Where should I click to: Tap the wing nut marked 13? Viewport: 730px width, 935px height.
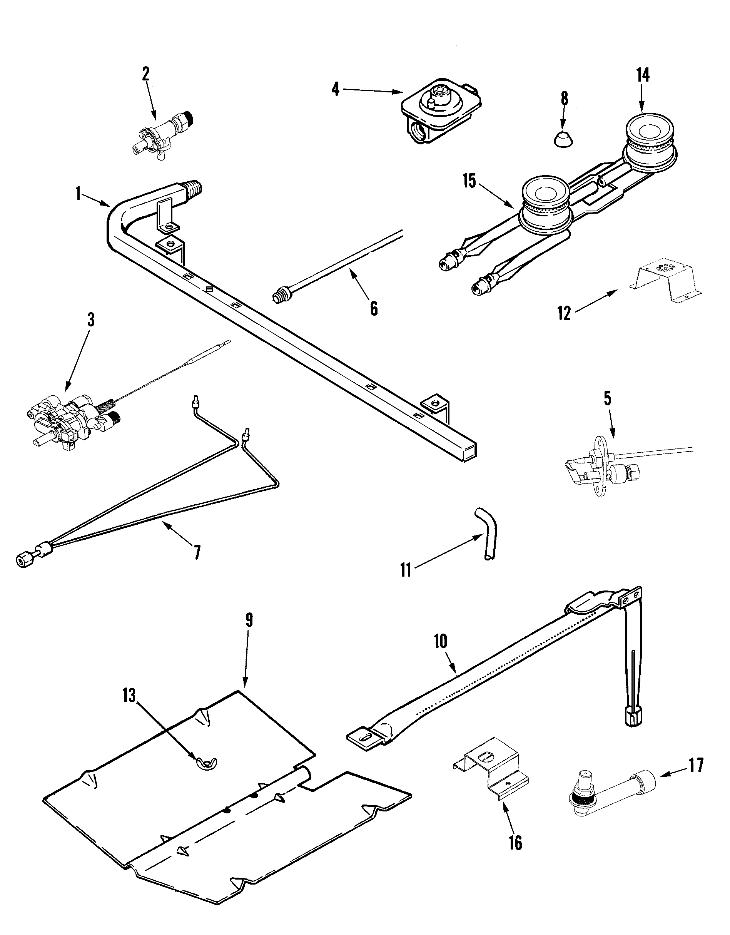[x=206, y=762]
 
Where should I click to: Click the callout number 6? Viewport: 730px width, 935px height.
[x=374, y=308]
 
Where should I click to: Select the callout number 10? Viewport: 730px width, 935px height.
[x=440, y=641]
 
